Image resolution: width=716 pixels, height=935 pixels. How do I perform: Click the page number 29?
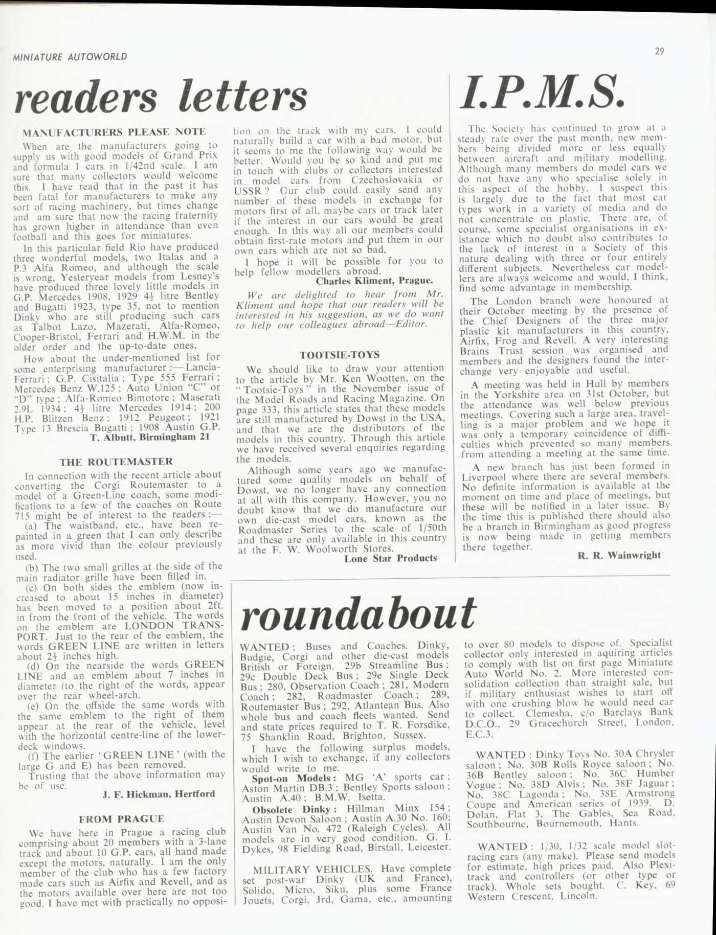pyautogui.click(x=659, y=51)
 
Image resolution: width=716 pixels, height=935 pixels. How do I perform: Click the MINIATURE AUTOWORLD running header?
pyautogui.click(x=70, y=57)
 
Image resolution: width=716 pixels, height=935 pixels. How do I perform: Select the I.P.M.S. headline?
pyautogui.click(x=542, y=94)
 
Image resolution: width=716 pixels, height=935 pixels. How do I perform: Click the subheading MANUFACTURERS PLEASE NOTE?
pyautogui.click(x=115, y=132)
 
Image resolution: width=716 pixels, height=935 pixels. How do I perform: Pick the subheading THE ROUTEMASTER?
pyautogui.click(x=116, y=462)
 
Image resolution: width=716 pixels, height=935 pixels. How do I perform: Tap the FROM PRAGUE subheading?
pyautogui.click(x=121, y=819)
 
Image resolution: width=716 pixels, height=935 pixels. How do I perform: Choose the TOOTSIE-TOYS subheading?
pyautogui.click(x=339, y=355)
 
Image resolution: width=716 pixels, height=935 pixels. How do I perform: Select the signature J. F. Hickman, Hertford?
pyautogui.click(x=159, y=794)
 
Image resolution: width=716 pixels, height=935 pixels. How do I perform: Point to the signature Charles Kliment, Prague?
pyautogui.click(x=374, y=281)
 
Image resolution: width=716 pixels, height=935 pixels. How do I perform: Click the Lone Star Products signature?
pyautogui.click(x=391, y=558)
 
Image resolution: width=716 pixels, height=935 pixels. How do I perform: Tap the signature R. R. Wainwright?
pyautogui.click(x=619, y=555)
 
